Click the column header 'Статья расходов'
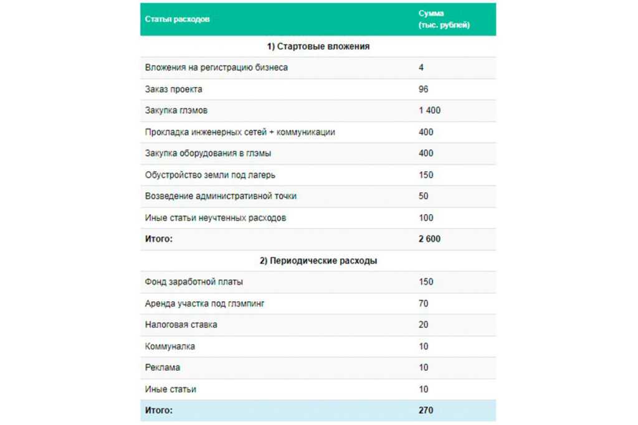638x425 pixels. point(177,19)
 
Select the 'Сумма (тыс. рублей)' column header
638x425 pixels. point(444,19)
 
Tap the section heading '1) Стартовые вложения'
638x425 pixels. point(318,47)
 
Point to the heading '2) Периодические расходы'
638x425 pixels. point(318,261)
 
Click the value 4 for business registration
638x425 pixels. point(422,67)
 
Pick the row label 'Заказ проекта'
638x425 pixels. point(173,89)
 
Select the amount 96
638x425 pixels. point(424,89)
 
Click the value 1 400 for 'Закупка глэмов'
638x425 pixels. point(430,111)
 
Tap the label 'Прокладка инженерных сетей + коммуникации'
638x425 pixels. point(240,132)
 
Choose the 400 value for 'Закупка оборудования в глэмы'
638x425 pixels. point(426,153)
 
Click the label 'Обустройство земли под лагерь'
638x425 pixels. point(209,175)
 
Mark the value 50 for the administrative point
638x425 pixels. point(424,196)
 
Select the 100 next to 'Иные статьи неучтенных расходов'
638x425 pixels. point(426,218)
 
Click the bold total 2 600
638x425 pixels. point(430,239)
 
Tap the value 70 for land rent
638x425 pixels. point(424,304)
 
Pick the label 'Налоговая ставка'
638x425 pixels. point(181,325)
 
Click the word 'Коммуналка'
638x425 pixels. point(170,347)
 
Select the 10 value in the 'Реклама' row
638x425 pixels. point(424,368)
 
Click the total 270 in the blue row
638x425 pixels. point(426,411)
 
